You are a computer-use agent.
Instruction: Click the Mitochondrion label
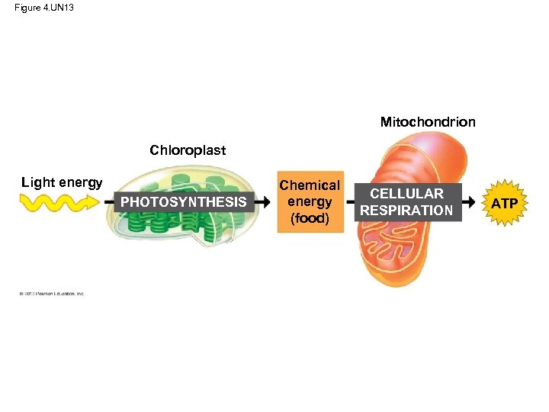tap(428, 122)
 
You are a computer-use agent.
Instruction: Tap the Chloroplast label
tap(188, 150)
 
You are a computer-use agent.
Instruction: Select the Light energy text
tap(62, 182)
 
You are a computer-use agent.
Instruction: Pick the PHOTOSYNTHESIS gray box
tap(184, 202)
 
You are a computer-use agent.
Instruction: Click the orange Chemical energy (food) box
tap(309, 201)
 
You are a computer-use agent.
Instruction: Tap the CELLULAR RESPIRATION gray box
tap(406, 202)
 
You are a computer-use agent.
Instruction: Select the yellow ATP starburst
tap(504, 204)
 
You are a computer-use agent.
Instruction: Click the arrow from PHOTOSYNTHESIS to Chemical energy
tap(262, 202)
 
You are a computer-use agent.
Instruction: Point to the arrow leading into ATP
tap(474, 203)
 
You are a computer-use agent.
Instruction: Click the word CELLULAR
tap(406, 194)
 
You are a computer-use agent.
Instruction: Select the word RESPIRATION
tap(406, 210)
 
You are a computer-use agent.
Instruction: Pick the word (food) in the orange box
tap(309, 218)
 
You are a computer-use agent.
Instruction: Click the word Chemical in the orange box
tap(309, 185)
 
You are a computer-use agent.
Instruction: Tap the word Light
tap(37, 182)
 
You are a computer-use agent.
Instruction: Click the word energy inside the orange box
tap(309, 202)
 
